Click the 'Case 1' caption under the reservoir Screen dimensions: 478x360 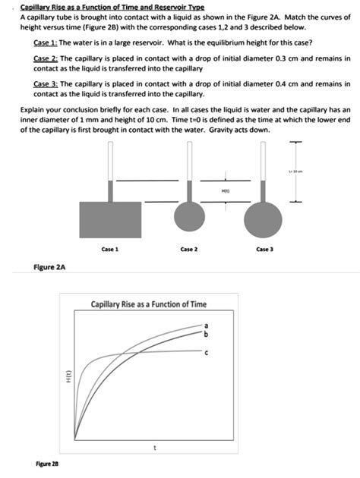(108, 250)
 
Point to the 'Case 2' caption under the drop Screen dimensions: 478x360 (188, 250)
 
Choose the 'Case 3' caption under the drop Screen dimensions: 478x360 (264, 250)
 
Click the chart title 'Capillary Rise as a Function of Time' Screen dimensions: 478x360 (148, 304)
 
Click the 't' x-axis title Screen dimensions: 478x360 (154, 447)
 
